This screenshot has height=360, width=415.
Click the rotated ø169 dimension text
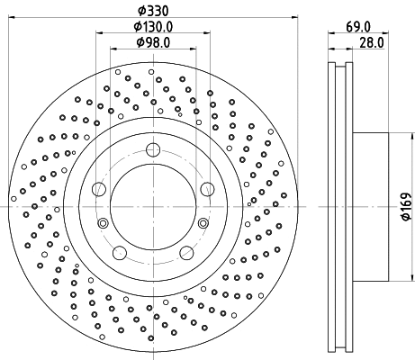[x=405, y=207]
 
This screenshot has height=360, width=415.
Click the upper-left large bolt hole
[x=99, y=188]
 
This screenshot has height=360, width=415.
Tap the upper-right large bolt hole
[x=207, y=188]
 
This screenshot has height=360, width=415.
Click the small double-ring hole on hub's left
[x=103, y=223]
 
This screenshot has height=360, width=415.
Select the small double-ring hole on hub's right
[x=203, y=223]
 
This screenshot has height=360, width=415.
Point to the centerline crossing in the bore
[x=153, y=207]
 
